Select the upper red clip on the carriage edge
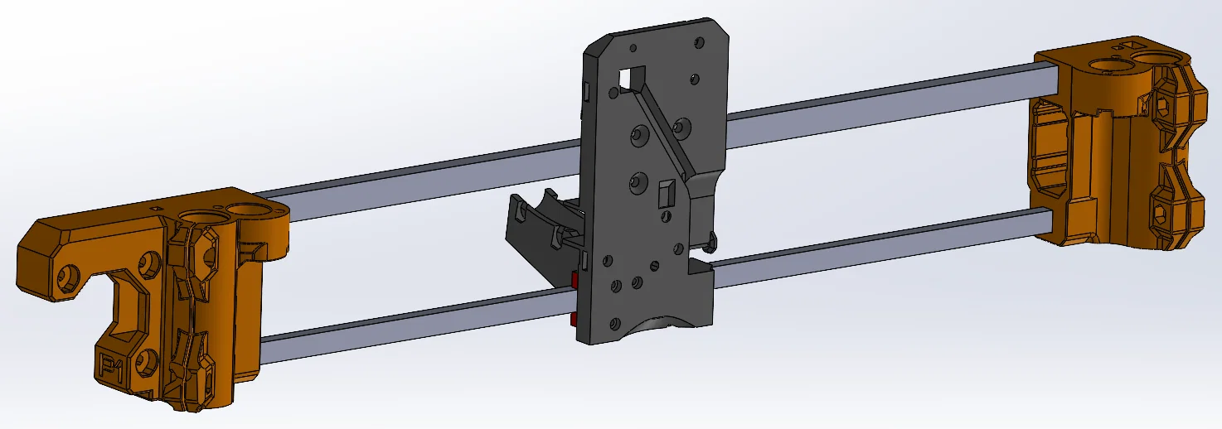tap(575, 282)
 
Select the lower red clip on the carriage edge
tap(575, 318)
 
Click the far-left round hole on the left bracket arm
tap(66, 281)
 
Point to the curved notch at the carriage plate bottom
tap(663, 327)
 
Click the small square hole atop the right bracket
tap(1127, 44)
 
